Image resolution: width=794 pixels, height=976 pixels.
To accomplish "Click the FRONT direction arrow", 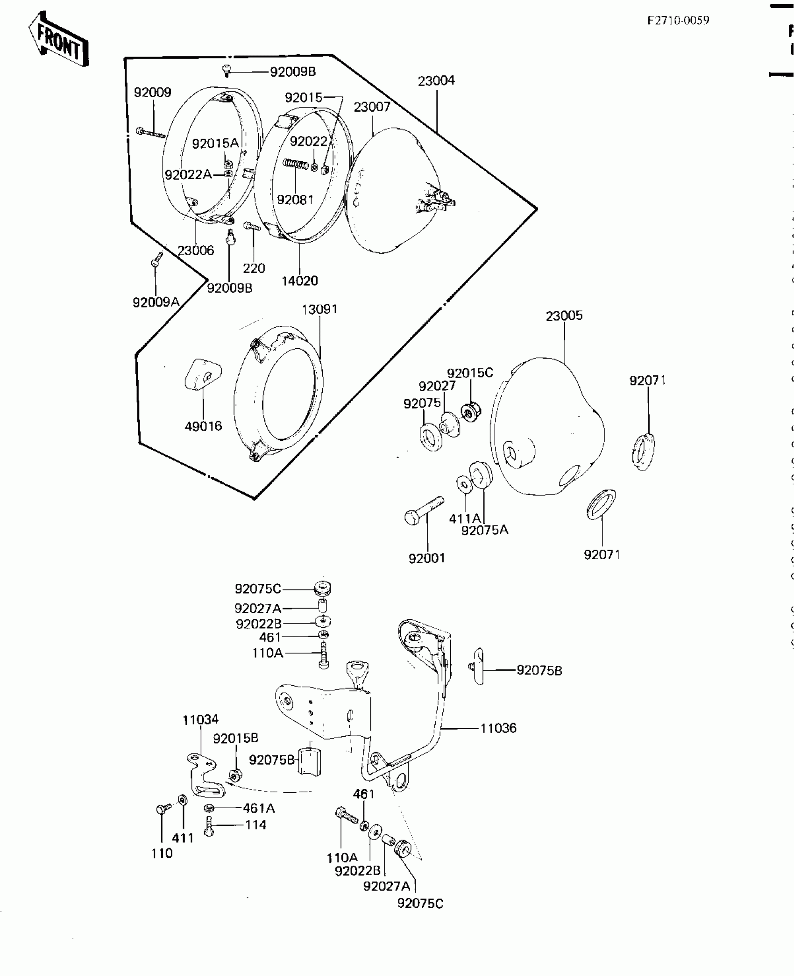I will (58, 40).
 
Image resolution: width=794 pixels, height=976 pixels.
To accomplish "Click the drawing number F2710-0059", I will (678, 21).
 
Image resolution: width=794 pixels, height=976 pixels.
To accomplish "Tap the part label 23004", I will (436, 81).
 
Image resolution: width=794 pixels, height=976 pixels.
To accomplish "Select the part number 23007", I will (372, 107).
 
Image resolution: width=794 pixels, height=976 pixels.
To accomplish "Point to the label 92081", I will (295, 200).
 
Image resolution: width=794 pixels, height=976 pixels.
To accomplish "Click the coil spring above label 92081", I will (296, 165).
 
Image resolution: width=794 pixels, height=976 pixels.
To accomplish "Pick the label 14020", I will (299, 280).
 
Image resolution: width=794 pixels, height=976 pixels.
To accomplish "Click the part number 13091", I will (319, 309).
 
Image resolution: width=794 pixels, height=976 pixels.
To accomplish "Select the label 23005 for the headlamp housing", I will (564, 316).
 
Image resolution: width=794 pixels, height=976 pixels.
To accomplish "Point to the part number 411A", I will (464, 518).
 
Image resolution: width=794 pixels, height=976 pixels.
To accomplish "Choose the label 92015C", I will (470, 373).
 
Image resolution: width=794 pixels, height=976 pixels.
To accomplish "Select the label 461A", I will (258, 808).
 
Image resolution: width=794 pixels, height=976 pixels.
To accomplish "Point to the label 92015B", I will (235, 738).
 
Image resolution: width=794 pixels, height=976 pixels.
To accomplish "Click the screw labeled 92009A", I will (156, 260).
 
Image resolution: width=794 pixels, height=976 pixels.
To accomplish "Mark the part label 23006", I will (196, 251).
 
